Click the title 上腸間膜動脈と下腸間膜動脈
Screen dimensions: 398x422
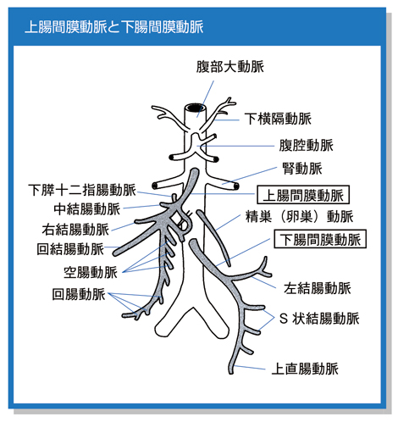(x=114, y=27)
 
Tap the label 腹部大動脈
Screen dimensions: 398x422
(x=230, y=67)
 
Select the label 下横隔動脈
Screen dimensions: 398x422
(x=278, y=119)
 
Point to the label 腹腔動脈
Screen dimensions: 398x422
(x=307, y=145)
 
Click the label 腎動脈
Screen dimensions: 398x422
(x=302, y=169)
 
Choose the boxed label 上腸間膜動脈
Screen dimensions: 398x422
(x=303, y=195)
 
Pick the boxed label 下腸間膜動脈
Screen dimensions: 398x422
(x=320, y=239)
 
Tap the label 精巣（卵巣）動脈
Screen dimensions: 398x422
(x=299, y=216)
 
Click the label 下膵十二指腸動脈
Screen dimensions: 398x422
(x=82, y=190)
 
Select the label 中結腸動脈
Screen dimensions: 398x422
(x=87, y=209)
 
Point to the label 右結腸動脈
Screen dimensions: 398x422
(x=75, y=230)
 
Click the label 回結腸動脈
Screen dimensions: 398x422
(x=70, y=249)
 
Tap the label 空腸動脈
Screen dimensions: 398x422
(x=91, y=272)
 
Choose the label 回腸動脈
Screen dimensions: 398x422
(x=79, y=294)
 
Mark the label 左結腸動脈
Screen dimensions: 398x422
(x=318, y=288)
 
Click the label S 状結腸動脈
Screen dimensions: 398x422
(x=319, y=319)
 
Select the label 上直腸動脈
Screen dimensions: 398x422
(x=305, y=369)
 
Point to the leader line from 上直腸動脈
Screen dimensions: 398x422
(x=250, y=368)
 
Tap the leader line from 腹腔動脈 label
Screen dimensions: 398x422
(x=235, y=146)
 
